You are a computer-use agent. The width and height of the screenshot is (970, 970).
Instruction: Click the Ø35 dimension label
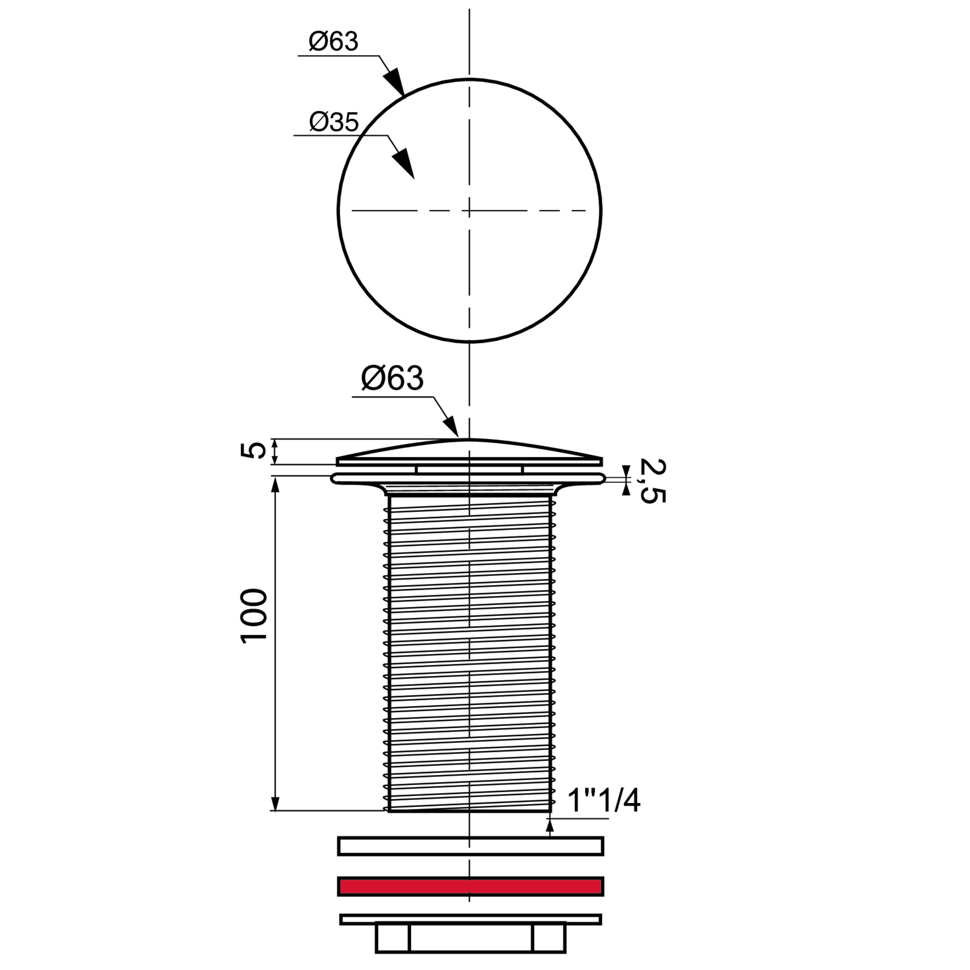(x=334, y=122)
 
